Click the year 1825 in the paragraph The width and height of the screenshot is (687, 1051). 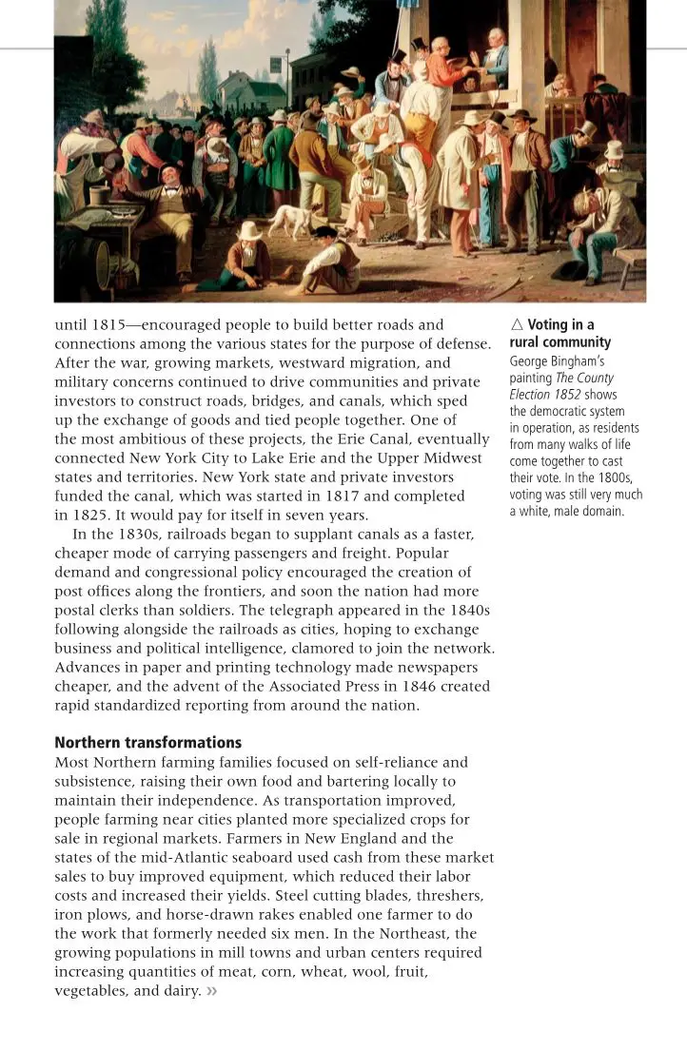(91, 515)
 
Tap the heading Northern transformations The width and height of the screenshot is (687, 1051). (148, 742)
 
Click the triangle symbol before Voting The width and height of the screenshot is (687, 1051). (517, 325)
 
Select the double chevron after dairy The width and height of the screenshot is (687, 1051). (212, 991)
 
